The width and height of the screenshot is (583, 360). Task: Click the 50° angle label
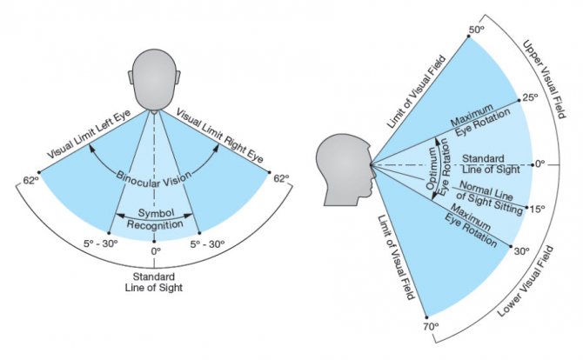coord(476,30)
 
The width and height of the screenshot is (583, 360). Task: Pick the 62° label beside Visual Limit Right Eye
coord(281,179)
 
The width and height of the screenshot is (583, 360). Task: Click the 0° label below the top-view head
coord(157,251)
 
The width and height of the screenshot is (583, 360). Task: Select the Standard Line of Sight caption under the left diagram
coord(157,282)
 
